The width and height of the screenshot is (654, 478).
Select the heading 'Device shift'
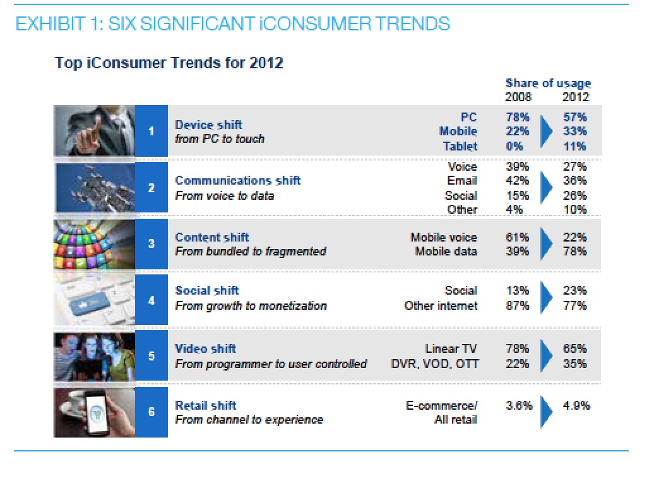(208, 125)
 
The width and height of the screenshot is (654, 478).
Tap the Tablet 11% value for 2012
(574, 146)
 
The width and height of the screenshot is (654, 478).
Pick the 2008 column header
(518, 97)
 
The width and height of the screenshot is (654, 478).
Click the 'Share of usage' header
(548, 83)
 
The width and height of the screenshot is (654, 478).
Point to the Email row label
(462, 181)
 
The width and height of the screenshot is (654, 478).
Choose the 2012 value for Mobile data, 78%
(574, 251)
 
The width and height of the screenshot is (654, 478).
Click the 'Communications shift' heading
(238, 181)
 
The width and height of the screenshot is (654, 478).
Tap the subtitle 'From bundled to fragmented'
(251, 251)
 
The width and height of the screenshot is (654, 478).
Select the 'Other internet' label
(441, 305)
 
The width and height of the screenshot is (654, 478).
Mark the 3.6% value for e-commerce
(518, 405)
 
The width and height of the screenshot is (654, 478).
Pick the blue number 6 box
(152, 412)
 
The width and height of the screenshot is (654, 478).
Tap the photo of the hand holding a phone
(94, 412)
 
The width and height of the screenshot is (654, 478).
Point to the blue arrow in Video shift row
(546, 356)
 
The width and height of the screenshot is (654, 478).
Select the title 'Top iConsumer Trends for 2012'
(169, 63)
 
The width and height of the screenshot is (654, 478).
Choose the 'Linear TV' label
(451, 348)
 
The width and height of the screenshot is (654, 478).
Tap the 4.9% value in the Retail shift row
(576, 405)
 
